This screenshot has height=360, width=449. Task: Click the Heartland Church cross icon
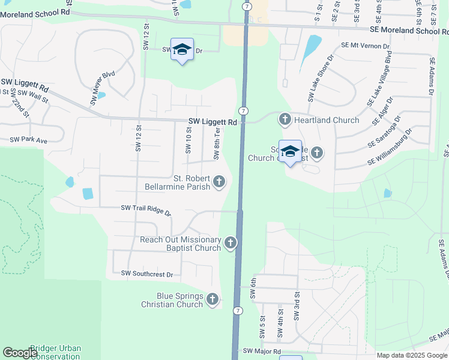(285, 120)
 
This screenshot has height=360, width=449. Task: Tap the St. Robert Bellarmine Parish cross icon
(220, 181)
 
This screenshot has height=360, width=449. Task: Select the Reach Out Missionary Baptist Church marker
(231, 243)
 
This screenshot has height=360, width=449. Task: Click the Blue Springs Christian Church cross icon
(212, 299)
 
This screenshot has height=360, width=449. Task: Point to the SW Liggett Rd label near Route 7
(212, 122)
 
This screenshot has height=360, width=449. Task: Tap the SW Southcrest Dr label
(146, 274)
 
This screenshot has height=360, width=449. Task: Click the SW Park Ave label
(28, 140)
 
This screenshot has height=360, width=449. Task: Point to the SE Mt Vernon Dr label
(365, 46)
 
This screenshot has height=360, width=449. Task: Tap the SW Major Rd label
(262, 351)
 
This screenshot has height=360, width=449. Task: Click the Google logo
(20, 353)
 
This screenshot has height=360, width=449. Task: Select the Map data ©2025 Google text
(411, 355)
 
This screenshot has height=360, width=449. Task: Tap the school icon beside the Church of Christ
(290, 151)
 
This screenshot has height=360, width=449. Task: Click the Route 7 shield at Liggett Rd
(243, 111)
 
